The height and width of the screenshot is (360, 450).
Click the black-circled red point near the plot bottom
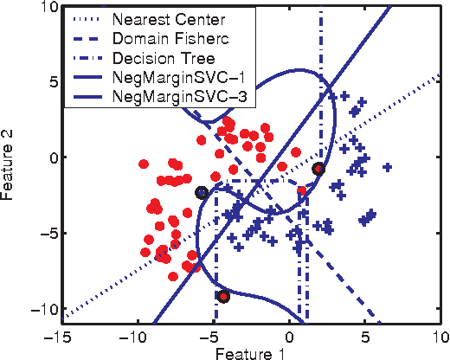(223, 297)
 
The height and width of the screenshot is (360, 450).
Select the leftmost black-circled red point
(202, 193)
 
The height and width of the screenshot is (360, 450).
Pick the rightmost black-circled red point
(318, 169)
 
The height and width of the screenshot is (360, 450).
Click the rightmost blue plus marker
(388, 167)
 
